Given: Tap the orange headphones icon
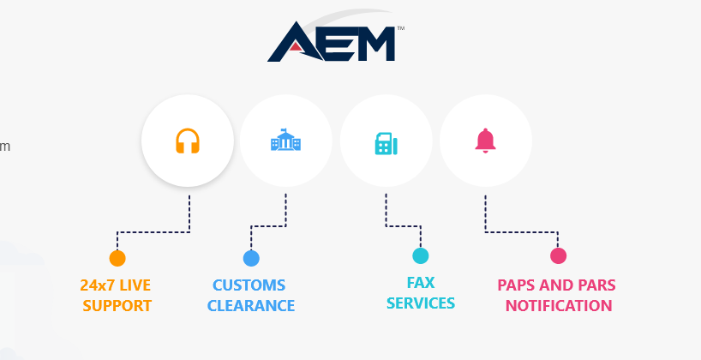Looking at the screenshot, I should (x=188, y=141).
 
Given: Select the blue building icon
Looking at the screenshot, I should (x=286, y=141).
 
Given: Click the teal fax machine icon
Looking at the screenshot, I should (x=386, y=141).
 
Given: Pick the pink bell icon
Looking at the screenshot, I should (x=486, y=140).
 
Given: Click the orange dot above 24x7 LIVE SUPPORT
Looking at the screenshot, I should (x=117, y=258).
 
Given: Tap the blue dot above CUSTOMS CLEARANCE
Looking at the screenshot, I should (x=251, y=258).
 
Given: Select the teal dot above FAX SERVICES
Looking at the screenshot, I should (x=420, y=255).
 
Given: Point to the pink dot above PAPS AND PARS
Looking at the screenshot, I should (x=558, y=255).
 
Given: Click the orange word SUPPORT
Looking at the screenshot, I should (x=117, y=305).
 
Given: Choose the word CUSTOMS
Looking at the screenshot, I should (x=249, y=285).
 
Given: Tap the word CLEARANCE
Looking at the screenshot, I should (x=251, y=305).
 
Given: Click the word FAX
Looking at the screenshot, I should (x=421, y=282).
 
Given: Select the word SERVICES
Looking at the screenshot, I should (x=421, y=303).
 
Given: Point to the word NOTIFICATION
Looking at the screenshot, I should (x=559, y=305).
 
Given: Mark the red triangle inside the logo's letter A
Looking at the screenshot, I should (x=294, y=49).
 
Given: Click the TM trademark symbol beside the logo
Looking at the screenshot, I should (x=400, y=28).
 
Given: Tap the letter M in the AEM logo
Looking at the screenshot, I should (x=369, y=43).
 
